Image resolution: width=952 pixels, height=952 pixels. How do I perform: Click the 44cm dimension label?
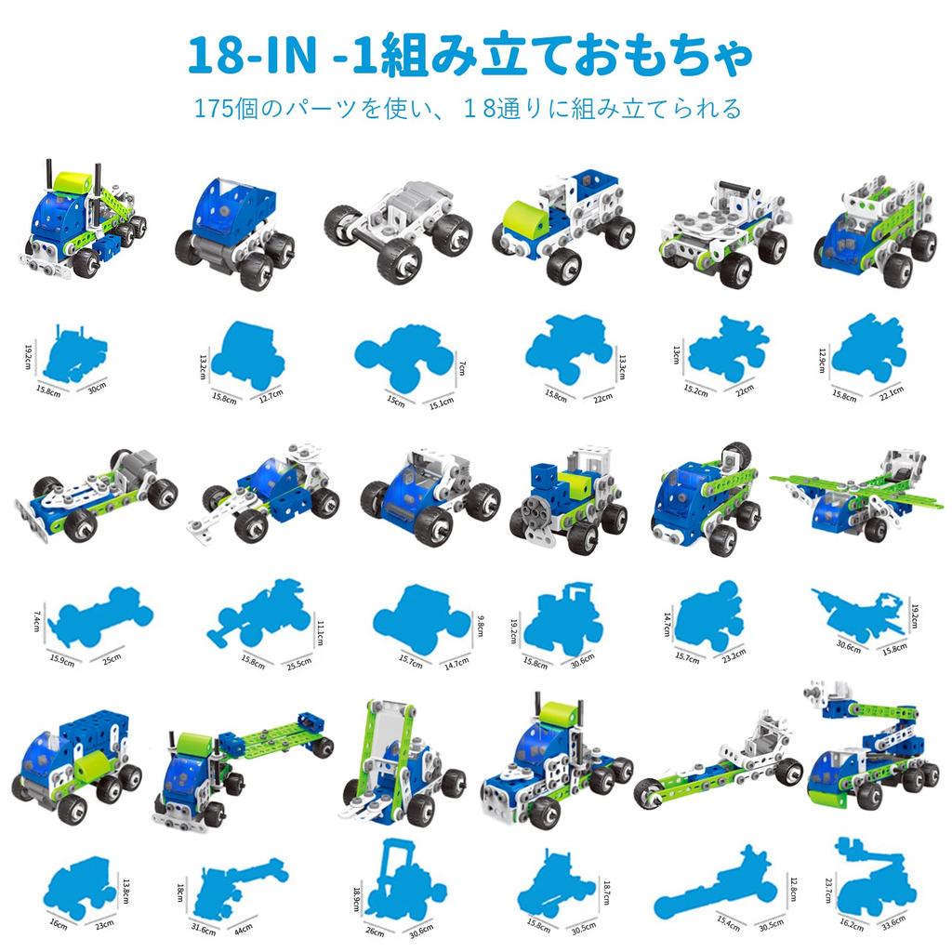tap(243, 930)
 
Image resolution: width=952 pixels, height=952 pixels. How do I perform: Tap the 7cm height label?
tap(462, 367)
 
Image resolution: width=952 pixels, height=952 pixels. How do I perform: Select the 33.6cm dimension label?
tap(893, 921)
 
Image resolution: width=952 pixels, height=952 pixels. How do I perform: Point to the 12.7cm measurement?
tap(271, 395)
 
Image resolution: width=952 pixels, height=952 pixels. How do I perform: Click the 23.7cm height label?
tap(828, 890)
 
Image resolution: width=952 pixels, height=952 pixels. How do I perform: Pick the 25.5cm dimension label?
tap(299, 664)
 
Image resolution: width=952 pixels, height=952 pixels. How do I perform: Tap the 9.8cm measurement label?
tap(481, 626)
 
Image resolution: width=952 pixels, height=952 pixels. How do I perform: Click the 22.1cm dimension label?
tap(892, 393)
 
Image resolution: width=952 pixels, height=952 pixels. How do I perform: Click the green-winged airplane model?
tap(857, 495)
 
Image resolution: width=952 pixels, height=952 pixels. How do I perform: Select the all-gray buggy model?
tap(398, 233)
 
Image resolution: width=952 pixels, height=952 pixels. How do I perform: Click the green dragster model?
tap(719, 762)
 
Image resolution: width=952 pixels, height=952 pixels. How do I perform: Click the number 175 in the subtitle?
tap(214, 109)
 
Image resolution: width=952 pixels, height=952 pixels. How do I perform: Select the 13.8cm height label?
tap(126, 891)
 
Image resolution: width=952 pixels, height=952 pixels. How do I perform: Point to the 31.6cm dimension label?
tap(204, 930)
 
